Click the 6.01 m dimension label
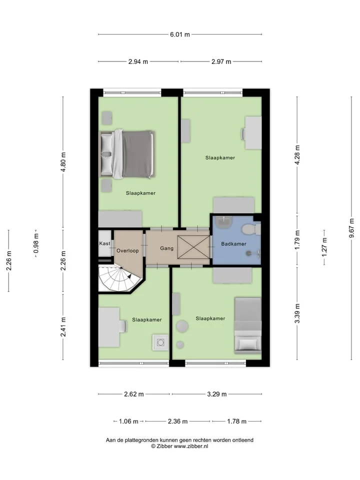[x=179, y=34]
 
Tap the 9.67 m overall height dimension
[x=351, y=228]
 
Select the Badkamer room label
[x=233, y=244]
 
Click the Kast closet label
[x=104, y=243]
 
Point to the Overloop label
[x=127, y=250]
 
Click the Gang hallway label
[x=167, y=248]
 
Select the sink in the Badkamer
[x=224, y=222]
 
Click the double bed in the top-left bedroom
[x=127, y=154]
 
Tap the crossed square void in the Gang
[x=193, y=246]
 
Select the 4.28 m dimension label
[x=297, y=155]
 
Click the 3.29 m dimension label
[x=216, y=394]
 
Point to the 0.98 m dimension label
[x=36, y=243]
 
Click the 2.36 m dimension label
[x=177, y=421]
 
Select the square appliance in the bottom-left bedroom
[x=160, y=342]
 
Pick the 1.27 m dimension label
[x=324, y=247]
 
